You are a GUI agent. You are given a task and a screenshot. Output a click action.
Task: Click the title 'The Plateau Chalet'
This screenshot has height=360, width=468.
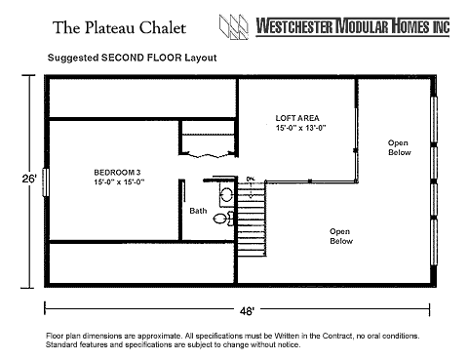point(119,27)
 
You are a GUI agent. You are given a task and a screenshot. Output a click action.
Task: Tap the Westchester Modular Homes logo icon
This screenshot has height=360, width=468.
point(234,27)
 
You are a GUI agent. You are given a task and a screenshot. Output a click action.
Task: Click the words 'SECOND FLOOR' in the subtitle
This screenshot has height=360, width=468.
point(141,58)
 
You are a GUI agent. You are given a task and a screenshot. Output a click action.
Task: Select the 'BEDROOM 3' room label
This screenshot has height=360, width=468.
point(117,173)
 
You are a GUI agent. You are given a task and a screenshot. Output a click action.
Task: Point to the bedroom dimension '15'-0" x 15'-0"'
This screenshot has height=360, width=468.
point(119,181)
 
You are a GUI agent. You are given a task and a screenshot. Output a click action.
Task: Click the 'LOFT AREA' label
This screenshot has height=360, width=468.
point(297,118)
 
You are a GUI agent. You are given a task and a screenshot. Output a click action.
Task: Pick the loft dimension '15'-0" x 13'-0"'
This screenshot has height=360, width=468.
point(301,128)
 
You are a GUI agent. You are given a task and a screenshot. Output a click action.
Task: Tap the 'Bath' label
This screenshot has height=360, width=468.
point(198,211)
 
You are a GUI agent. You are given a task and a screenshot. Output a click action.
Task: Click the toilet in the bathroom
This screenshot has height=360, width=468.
point(223,219)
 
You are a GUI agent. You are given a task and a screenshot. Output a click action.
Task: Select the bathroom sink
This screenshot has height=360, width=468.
point(226,195)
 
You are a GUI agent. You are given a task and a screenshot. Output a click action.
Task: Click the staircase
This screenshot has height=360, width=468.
point(252,219)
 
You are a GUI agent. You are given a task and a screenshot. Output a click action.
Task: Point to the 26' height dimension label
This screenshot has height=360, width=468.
point(29,179)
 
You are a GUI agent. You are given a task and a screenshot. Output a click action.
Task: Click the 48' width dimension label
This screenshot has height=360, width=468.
point(247,311)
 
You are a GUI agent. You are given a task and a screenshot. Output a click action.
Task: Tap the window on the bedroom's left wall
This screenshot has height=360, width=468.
point(46,182)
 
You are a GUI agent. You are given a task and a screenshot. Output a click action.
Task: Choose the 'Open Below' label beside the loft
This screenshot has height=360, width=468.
point(400,147)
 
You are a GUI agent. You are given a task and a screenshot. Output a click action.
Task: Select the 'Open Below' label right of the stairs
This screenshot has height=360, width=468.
point(341,236)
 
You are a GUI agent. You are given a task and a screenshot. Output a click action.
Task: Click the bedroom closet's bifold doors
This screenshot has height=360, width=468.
point(208,154)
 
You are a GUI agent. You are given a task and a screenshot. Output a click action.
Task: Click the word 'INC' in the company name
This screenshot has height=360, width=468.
point(441,26)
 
